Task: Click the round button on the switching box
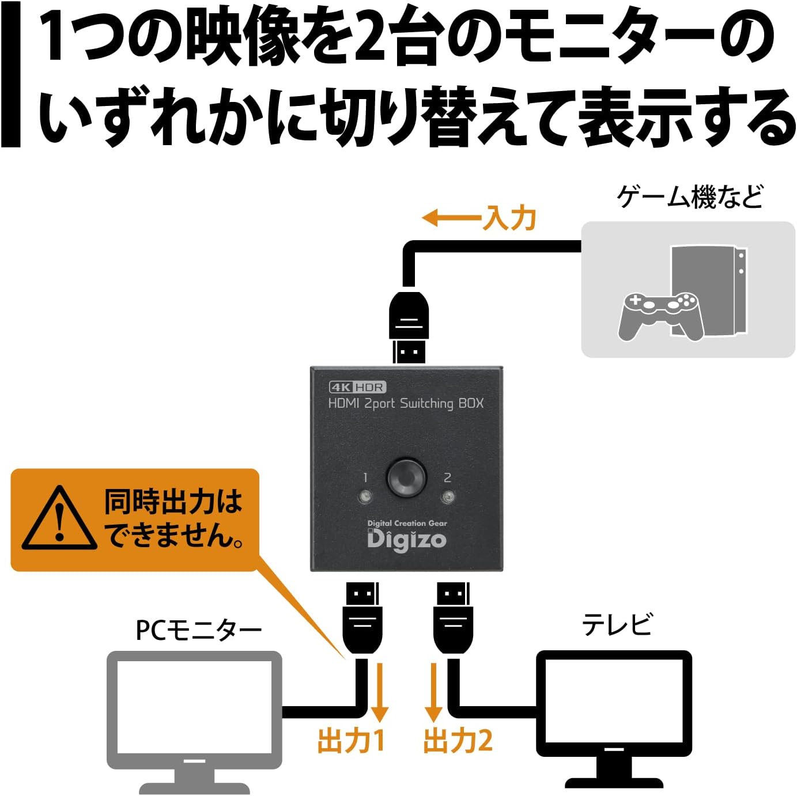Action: [x=406, y=477]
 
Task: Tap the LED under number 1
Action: [x=365, y=496]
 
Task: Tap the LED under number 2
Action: [x=448, y=496]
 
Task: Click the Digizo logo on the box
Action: [x=407, y=539]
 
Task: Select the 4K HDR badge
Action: [x=357, y=387]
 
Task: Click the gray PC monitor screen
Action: [x=195, y=710]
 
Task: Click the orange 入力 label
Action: [x=511, y=218]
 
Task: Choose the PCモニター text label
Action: [x=198, y=630]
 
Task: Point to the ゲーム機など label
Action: [x=690, y=198]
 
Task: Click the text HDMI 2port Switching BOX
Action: [x=406, y=403]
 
